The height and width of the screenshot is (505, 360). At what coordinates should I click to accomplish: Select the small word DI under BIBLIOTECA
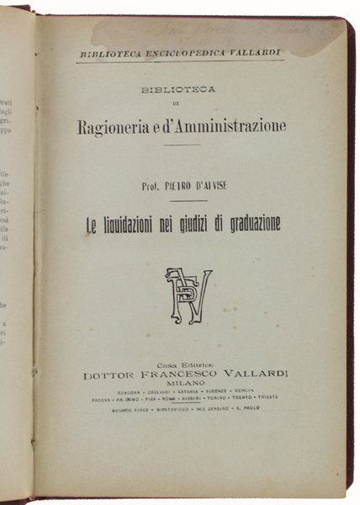pos(179,105)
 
